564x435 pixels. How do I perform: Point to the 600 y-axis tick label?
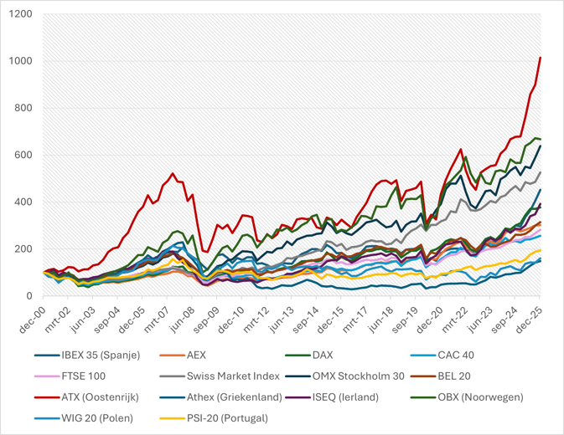coord(23,156)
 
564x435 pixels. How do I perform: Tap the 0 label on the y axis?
coord(30,296)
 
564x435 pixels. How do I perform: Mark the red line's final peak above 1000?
coord(541,58)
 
